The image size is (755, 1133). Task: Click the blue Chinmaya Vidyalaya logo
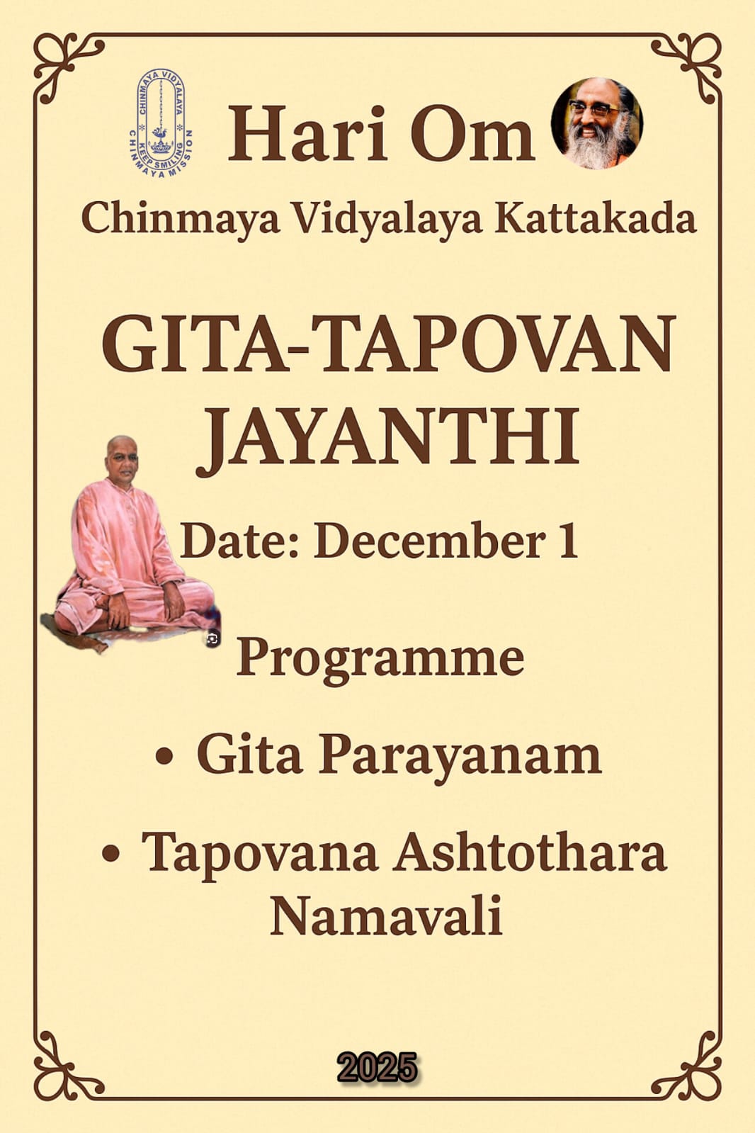click(161, 123)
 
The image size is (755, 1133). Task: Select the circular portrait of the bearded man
click(597, 123)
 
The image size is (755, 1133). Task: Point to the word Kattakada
click(595, 218)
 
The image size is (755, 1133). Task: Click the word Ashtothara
click(530, 853)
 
